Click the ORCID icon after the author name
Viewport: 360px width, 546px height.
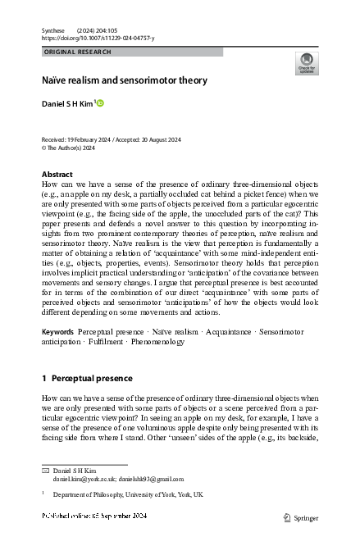[x=101, y=103]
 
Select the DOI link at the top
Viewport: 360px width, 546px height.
[x=98, y=38]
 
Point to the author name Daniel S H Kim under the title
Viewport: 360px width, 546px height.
[x=69, y=104]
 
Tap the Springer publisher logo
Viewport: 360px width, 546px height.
[x=300, y=517]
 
